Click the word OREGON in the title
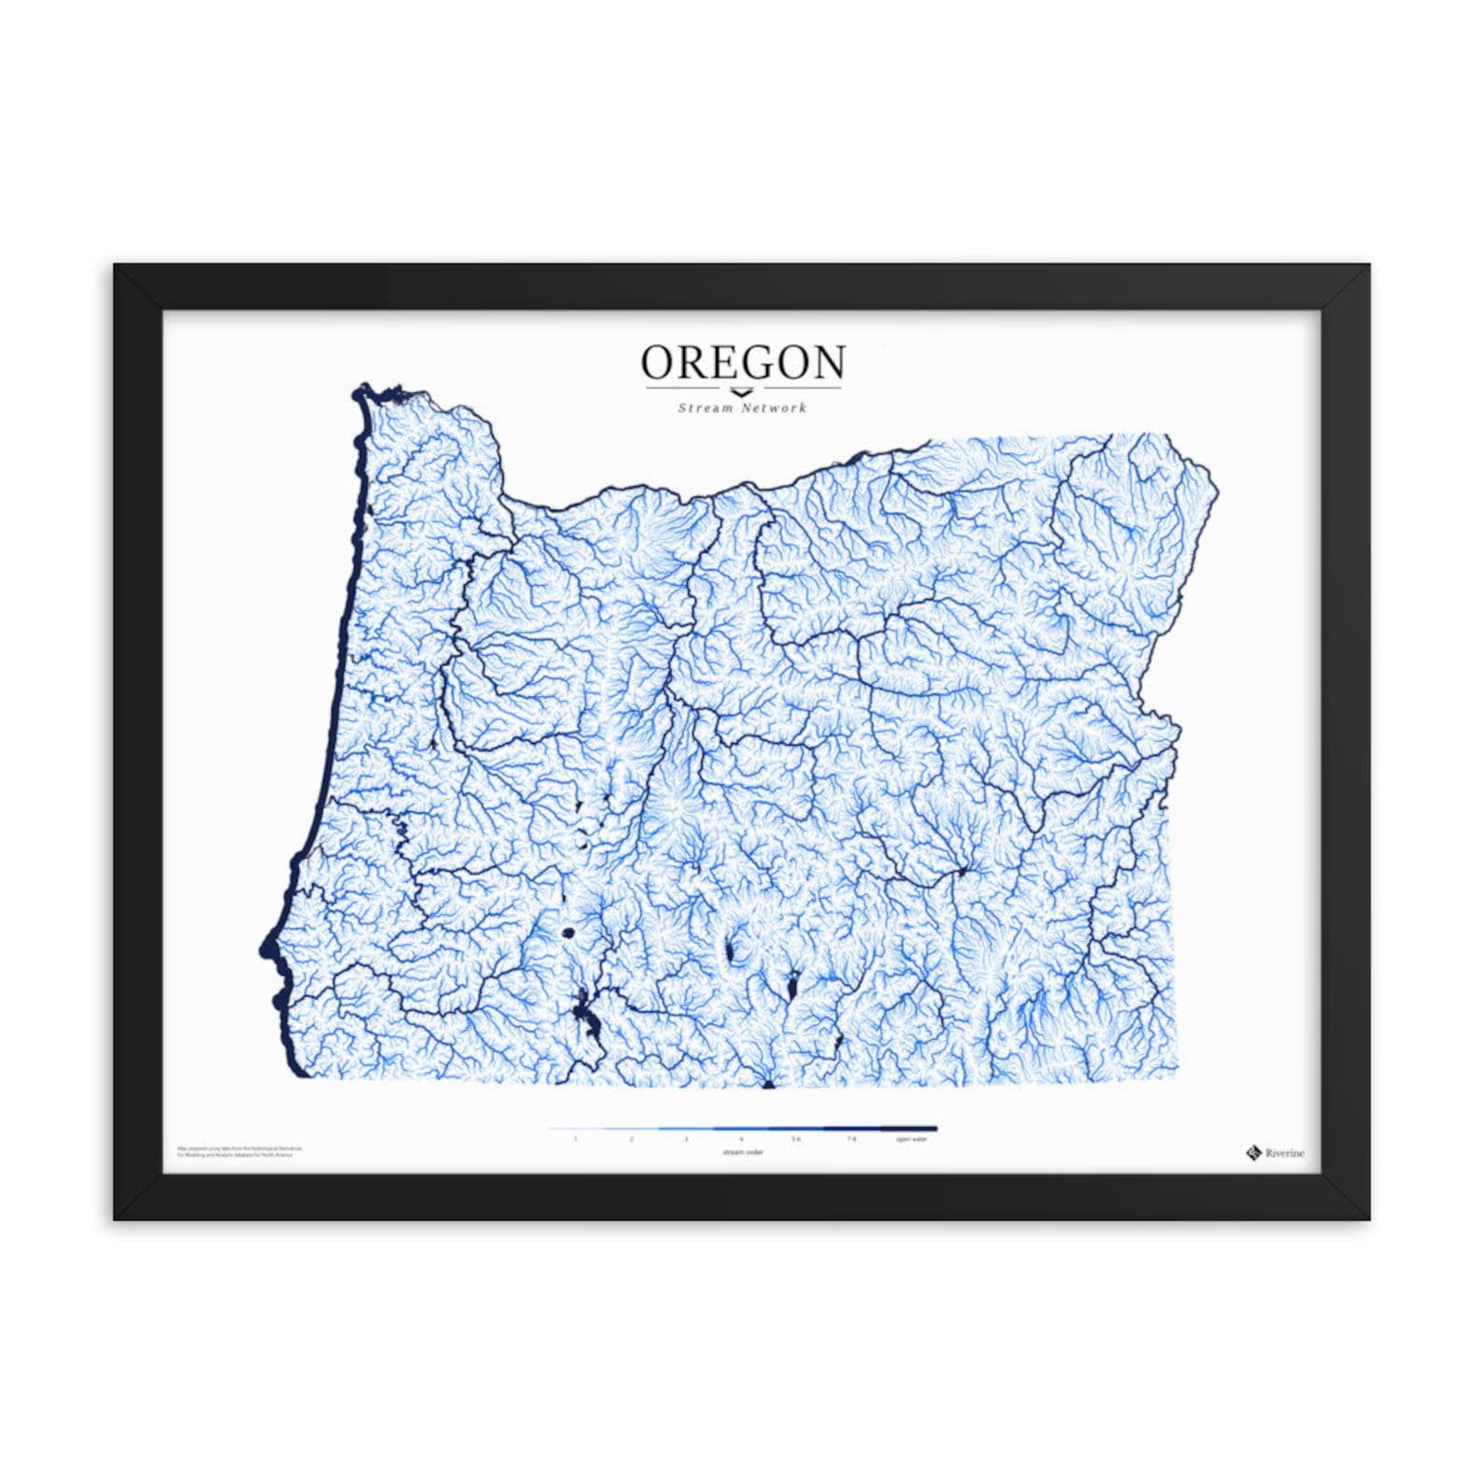[743, 363]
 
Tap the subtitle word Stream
[706, 407]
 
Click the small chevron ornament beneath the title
[741, 392]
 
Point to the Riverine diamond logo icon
[1253, 1152]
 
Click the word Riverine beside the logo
[1285, 1153]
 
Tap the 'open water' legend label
[911, 1139]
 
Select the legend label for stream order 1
[576, 1139]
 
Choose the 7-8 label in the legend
[851, 1139]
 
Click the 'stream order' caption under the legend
[742, 1152]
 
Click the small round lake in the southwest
[567, 932]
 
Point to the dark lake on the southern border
[768, 1084]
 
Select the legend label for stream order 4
[741, 1139]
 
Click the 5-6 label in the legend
[796, 1139]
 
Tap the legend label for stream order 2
[631, 1139]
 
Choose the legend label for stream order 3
[686, 1139]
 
